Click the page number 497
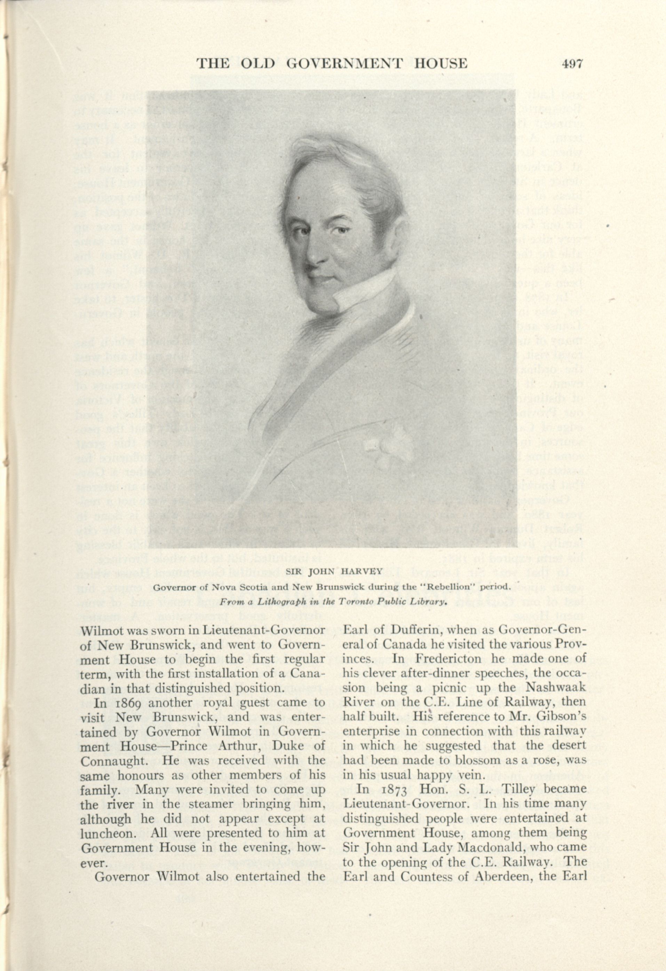coord(571,63)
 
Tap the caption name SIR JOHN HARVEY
coord(332,571)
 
